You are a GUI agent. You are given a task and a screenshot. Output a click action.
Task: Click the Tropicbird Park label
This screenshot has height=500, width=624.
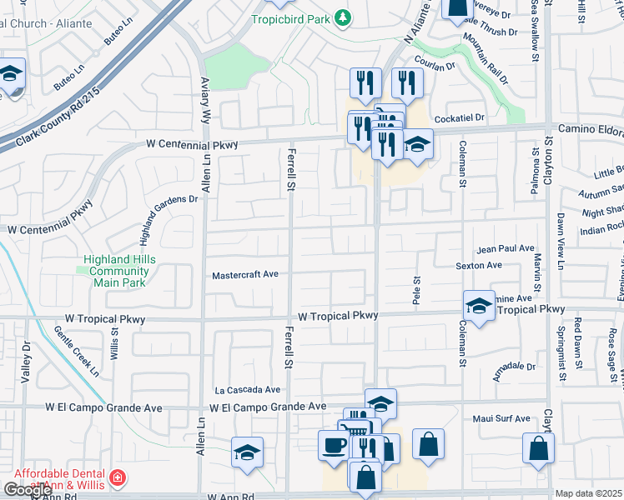coord(291,18)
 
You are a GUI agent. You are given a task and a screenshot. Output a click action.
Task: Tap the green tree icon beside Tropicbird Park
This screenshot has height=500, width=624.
coord(341,17)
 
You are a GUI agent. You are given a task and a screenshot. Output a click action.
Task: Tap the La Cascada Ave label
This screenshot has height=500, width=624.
coord(247,389)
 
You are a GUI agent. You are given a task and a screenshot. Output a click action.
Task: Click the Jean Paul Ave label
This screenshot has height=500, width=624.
coord(506,248)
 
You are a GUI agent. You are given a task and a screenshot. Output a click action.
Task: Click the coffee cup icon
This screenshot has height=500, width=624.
coord(333,444)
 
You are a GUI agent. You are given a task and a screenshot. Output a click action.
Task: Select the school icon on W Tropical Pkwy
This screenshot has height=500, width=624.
coord(479,307)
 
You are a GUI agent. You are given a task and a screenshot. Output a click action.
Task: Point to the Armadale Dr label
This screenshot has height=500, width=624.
coord(514,366)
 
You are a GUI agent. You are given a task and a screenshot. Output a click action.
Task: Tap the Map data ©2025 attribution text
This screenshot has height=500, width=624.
coord(589,493)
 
